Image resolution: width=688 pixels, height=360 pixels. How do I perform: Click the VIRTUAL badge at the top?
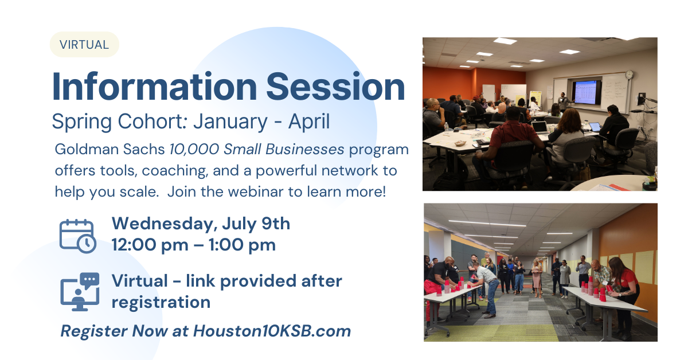point(84,45)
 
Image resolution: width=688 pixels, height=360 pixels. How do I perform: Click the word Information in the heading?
point(154,87)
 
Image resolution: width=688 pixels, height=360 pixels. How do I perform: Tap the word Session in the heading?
point(335,87)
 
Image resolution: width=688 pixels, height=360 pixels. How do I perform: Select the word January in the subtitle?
point(230,122)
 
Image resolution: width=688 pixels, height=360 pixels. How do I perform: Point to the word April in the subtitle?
point(309,122)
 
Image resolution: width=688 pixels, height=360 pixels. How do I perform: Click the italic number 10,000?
point(194,150)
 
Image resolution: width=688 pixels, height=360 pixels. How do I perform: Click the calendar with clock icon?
point(78,236)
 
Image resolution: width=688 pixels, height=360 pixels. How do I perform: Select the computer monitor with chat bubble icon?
point(80,292)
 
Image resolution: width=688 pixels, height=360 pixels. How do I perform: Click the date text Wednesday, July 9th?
point(201,224)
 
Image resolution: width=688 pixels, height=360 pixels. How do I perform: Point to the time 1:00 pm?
point(242,245)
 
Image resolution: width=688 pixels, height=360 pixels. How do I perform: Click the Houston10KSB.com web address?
point(272,331)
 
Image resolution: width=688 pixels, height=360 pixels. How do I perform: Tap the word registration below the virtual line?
point(161,303)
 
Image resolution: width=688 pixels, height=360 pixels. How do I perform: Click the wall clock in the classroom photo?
point(629,75)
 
